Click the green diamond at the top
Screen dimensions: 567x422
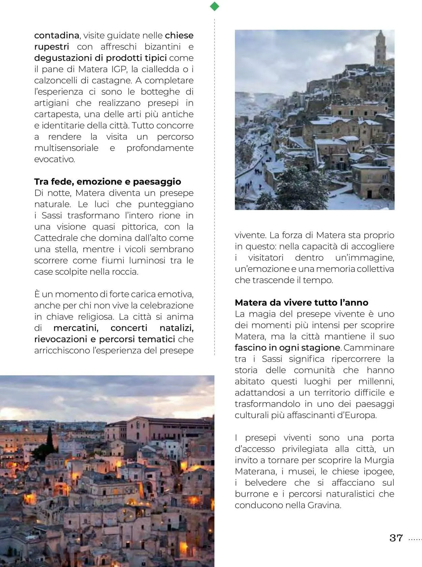(x=214, y=6)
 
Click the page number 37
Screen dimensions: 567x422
(x=396, y=538)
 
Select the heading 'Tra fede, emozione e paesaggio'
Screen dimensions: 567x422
(x=107, y=182)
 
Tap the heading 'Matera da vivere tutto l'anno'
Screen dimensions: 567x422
(x=301, y=303)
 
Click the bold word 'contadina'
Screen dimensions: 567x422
(x=56, y=35)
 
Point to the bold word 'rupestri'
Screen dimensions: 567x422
(x=51, y=47)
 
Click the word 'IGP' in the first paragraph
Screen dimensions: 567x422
(x=119, y=69)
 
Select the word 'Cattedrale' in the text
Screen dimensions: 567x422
(x=56, y=238)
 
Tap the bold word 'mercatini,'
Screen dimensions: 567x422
(x=76, y=328)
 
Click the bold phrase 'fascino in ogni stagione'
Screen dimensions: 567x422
(x=287, y=348)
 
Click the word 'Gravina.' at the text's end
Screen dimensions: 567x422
(x=324, y=505)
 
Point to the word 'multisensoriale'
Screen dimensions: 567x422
(x=66, y=148)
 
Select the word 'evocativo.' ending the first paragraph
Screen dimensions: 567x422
(x=54, y=159)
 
